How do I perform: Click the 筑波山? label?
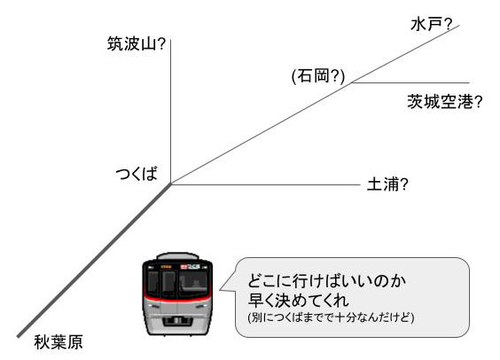pos(137,43)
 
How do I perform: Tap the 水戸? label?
pos(432,24)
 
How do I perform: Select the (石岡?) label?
pos(318,76)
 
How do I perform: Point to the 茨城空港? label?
pos(445,102)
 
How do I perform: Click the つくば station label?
pos(137,174)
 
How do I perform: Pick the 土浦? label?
pos(387,184)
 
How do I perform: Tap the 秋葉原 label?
pos(59,342)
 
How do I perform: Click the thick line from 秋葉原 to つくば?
pos(94,260)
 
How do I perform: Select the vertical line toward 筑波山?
pos(170,112)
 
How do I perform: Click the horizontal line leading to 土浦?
pos(266,184)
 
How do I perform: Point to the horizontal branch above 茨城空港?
pos(410,82)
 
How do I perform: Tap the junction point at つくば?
pos(171,184)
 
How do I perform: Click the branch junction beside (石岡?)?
pos(352,82)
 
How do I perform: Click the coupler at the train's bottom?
pos(178,320)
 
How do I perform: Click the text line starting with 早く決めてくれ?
pos(299,301)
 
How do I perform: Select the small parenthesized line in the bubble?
pos(331,317)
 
